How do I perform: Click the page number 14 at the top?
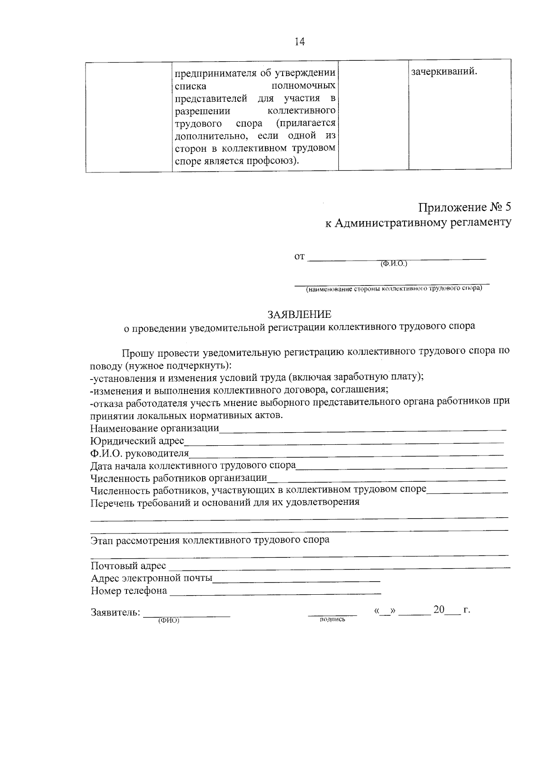click(300, 42)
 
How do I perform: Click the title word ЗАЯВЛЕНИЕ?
click(299, 314)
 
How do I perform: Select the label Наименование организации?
click(154, 428)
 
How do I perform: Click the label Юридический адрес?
click(137, 440)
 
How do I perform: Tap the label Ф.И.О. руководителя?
click(139, 453)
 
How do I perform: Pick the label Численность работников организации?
click(179, 478)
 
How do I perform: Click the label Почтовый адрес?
click(128, 566)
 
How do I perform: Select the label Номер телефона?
click(129, 591)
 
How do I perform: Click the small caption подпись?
click(332, 620)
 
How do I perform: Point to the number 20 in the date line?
click(439, 610)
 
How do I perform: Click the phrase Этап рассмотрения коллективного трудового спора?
click(210, 540)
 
